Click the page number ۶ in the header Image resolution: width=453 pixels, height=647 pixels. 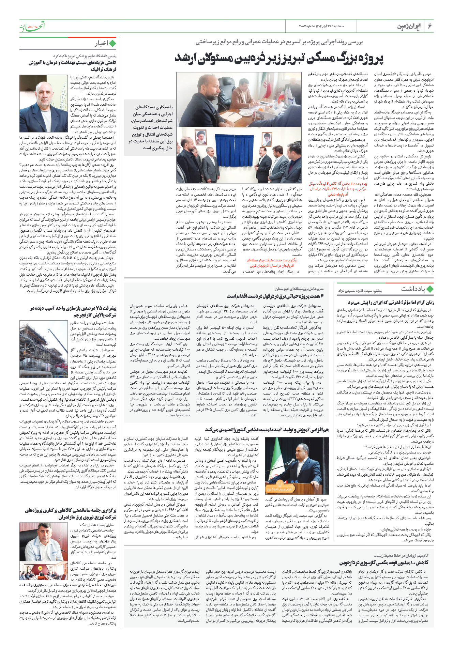tap(430, 26)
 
